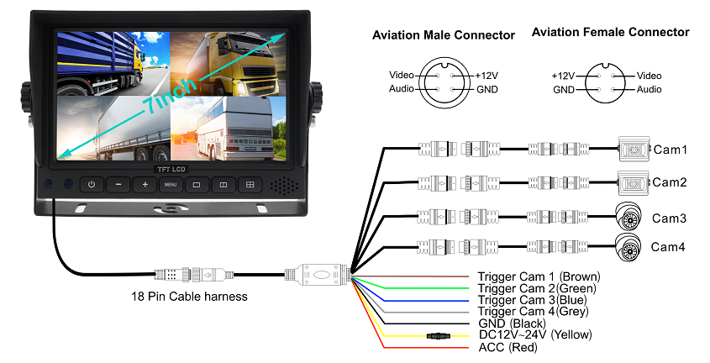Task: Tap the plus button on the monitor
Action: click(145, 184)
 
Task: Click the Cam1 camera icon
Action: click(633, 150)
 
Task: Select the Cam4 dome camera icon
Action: click(630, 245)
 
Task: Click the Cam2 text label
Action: click(670, 182)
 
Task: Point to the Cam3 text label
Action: click(670, 218)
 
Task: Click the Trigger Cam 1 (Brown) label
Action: click(539, 276)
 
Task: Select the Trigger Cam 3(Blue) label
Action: click(531, 300)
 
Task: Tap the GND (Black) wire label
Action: click(512, 324)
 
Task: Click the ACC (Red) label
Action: click(508, 347)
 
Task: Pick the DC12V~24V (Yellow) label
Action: click(535, 335)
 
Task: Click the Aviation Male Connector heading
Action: click(443, 35)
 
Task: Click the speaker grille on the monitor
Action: click(284, 184)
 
